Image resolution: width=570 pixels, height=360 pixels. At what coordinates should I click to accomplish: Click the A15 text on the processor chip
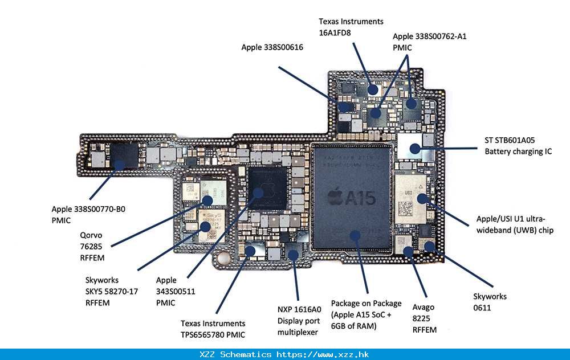[361, 198]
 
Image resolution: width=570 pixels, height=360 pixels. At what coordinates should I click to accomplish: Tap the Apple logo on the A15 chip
[336, 198]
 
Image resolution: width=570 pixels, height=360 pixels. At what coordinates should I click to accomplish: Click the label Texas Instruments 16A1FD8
[351, 27]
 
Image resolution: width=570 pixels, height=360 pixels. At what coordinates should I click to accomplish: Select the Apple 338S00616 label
[272, 47]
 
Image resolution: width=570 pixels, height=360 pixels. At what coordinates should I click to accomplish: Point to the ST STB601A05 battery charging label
[518, 146]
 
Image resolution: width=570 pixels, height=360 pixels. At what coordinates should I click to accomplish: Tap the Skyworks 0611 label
[490, 302]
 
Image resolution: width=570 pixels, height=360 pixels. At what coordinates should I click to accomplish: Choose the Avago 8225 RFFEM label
[425, 318]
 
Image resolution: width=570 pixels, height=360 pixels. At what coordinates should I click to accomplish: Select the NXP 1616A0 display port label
[299, 321]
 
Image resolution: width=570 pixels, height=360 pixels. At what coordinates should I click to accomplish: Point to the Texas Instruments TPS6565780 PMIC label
[213, 329]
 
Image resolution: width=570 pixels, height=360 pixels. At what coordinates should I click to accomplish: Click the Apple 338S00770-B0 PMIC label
[88, 215]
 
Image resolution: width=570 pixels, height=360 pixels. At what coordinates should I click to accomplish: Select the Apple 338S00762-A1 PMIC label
[430, 42]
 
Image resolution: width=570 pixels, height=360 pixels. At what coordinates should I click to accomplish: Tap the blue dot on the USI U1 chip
[422, 199]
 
